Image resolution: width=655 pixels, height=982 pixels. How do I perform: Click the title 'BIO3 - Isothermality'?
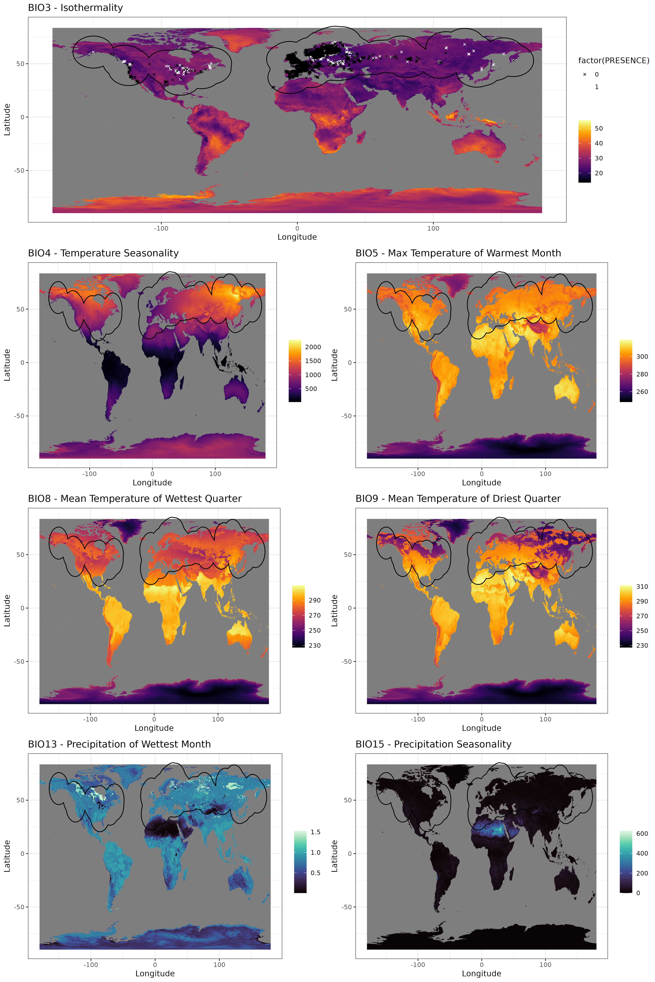pos(75,8)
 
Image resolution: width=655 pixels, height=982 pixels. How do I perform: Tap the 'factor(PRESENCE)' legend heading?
pos(613,60)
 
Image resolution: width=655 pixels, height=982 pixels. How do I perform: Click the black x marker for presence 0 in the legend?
pos(584,74)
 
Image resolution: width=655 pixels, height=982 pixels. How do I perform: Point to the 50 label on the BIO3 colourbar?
pos(599,129)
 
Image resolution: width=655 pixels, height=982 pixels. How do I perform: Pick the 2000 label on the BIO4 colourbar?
pos(313,347)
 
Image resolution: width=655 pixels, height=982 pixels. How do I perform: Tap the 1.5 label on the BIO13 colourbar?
pos(315,832)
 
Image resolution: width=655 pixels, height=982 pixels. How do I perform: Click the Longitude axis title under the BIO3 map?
pos(297,237)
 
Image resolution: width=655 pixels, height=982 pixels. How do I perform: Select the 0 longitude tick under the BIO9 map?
pos(482,719)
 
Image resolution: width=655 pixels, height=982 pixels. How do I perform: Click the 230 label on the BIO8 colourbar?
pos(315,645)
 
